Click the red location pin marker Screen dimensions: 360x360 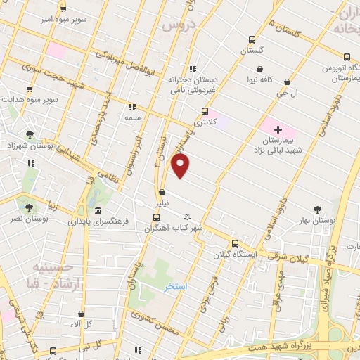point(181,165)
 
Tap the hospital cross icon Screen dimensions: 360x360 point(278,129)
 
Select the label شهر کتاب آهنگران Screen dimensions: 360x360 point(174,229)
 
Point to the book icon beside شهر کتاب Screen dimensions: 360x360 point(186,217)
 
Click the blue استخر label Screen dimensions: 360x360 point(175,287)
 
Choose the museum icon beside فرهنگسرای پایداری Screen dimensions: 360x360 point(97,211)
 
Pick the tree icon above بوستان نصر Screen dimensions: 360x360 point(29,207)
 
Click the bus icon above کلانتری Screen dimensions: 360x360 point(205,110)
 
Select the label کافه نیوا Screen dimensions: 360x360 point(262,80)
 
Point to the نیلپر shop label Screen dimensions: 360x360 point(162,202)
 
